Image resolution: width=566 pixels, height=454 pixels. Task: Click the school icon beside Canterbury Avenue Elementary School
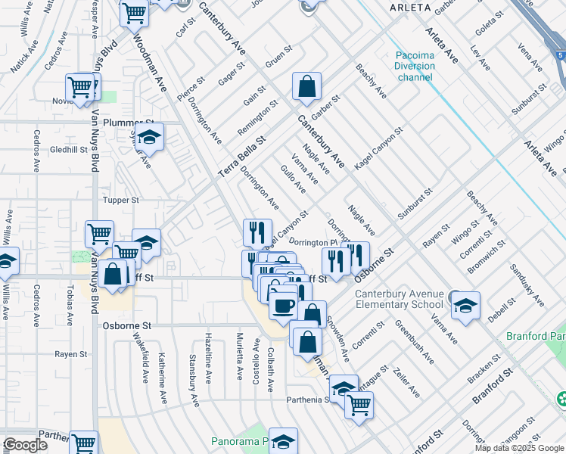click(466, 306)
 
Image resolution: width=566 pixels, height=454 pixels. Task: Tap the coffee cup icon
click(283, 306)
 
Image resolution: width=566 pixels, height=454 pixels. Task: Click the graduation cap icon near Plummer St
click(150, 137)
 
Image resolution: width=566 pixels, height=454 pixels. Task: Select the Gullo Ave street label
click(294, 178)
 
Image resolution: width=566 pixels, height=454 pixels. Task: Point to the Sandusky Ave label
click(527, 285)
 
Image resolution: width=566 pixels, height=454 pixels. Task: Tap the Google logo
click(24, 445)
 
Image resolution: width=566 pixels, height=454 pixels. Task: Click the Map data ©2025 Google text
click(519, 448)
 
